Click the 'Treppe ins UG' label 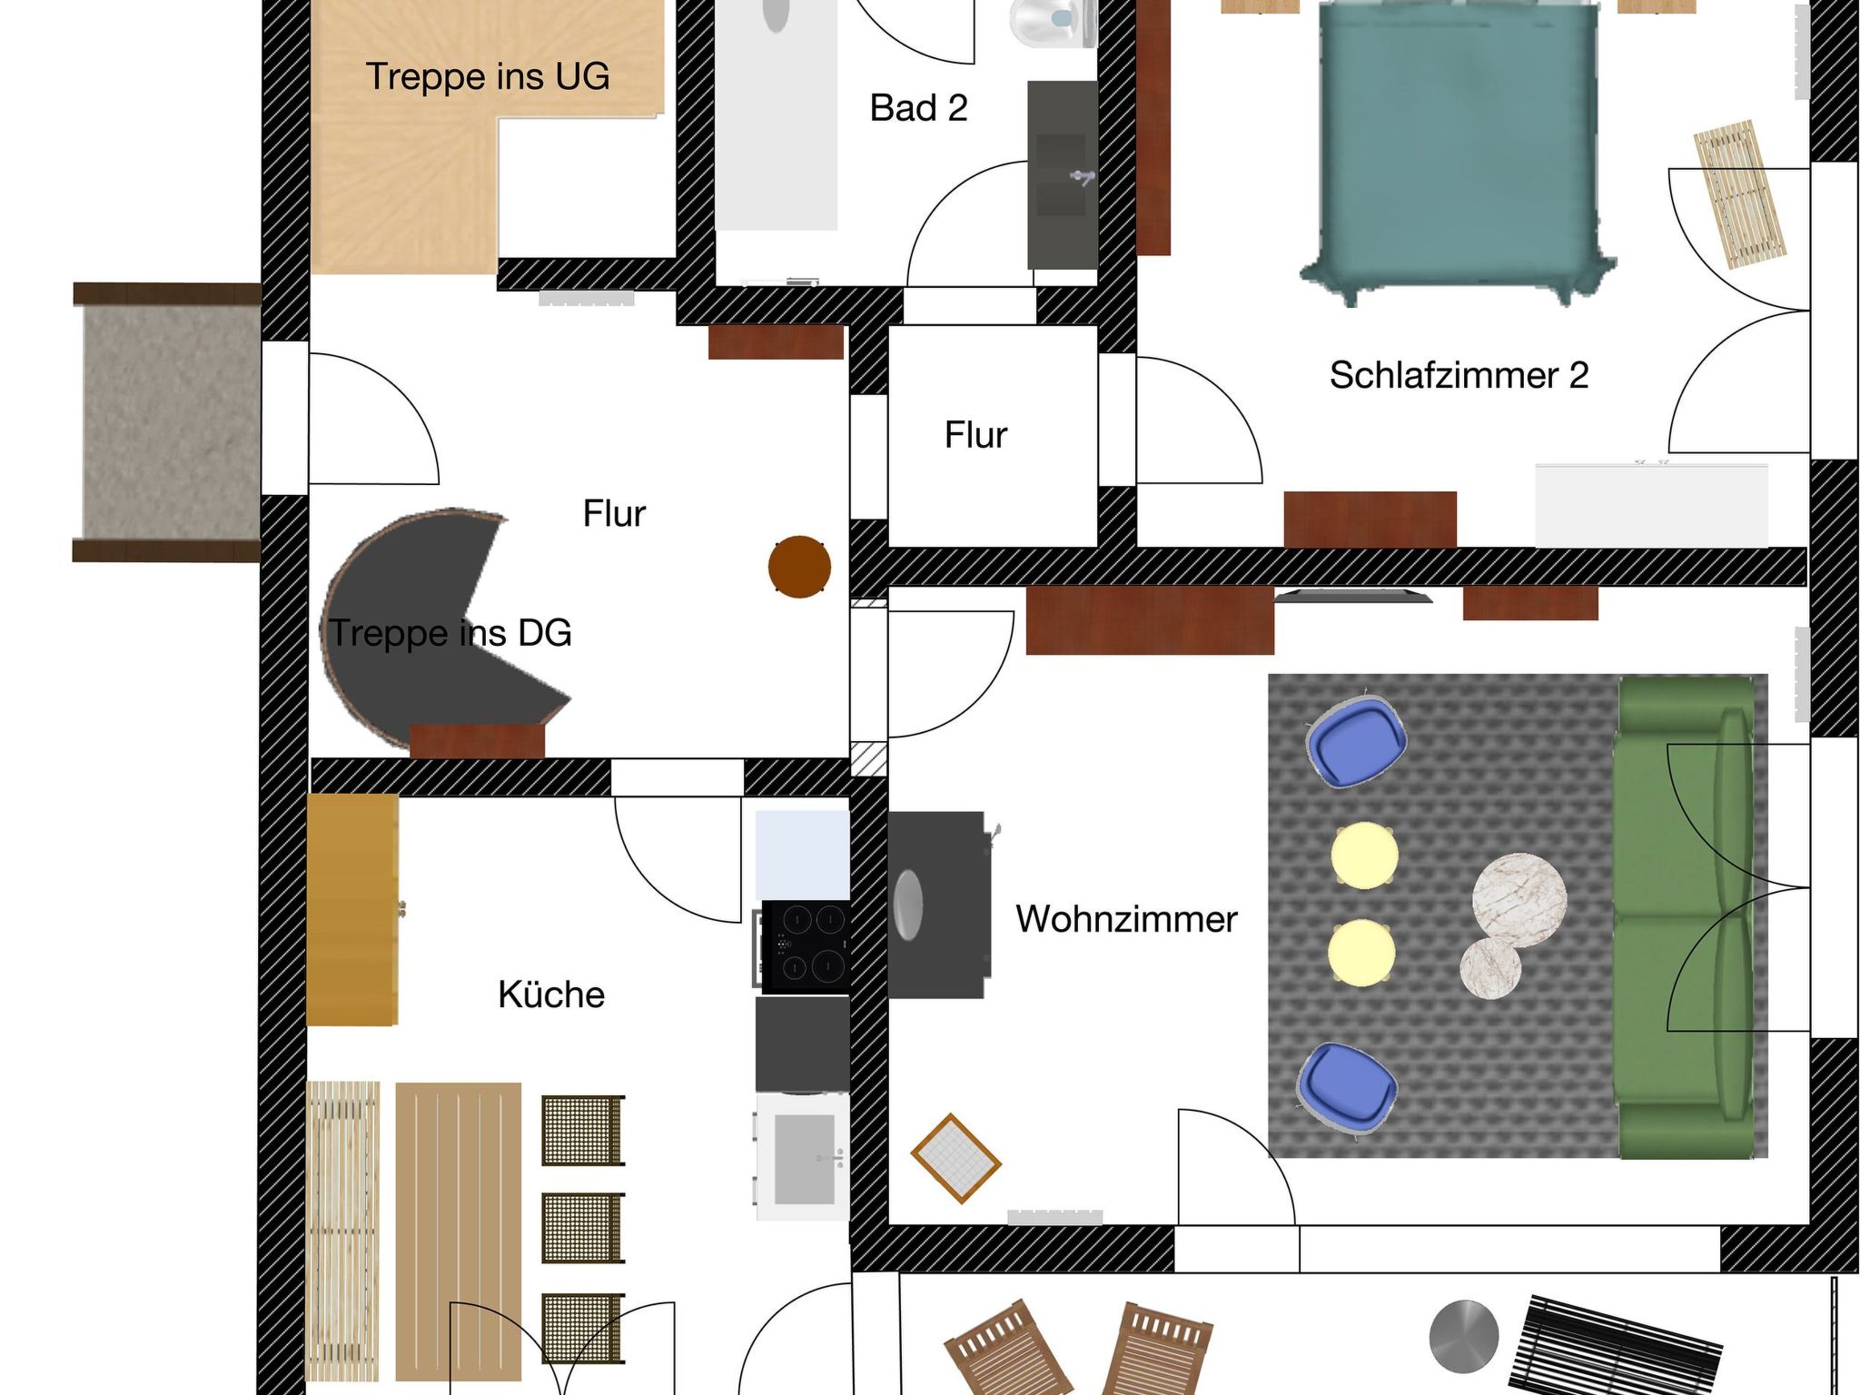pyautogui.click(x=487, y=76)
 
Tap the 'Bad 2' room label pyautogui.click(x=918, y=108)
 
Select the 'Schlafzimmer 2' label pyautogui.click(x=1459, y=375)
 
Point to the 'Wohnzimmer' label pyautogui.click(x=1126, y=919)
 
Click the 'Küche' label pyautogui.click(x=551, y=994)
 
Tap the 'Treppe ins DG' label pyautogui.click(x=450, y=633)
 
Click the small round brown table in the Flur pyautogui.click(x=799, y=567)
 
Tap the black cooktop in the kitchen pyautogui.click(x=805, y=945)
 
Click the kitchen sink pyautogui.click(x=803, y=1158)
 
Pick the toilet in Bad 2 pyautogui.click(x=1052, y=23)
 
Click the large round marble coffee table pyautogui.click(x=1519, y=899)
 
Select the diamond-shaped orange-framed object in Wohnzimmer pyautogui.click(x=955, y=1159)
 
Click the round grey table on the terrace pyautogui.click(x=1463, y=1336)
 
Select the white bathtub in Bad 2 pyautogui.click(x=776, y=114)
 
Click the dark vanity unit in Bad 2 pyautogui.click(x=1061, y=174)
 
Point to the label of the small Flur pyautogui.click(x=975, y=435)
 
